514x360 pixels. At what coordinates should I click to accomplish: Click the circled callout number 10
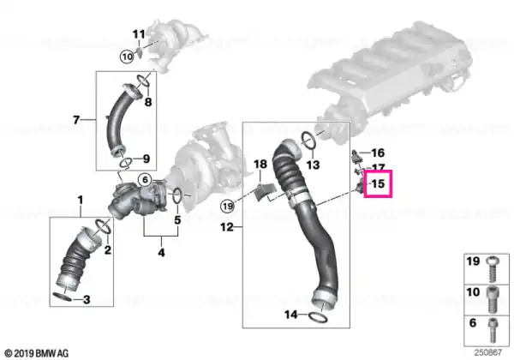coord(127,57)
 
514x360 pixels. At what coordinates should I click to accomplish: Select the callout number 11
coord(138,34)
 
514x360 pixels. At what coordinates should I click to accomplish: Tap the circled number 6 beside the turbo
coord(145,180)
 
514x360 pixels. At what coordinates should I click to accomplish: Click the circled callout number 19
coord(228,207)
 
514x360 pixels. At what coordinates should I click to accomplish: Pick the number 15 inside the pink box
coord(377,183)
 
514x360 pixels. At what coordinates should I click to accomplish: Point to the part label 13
coord(313,165)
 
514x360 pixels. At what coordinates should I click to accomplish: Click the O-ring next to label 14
coord(318,316)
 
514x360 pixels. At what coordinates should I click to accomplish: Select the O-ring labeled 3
coord(62,297)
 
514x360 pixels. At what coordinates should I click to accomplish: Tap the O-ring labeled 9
coord(126,162)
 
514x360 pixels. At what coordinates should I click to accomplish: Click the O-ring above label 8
coord(143,80)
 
